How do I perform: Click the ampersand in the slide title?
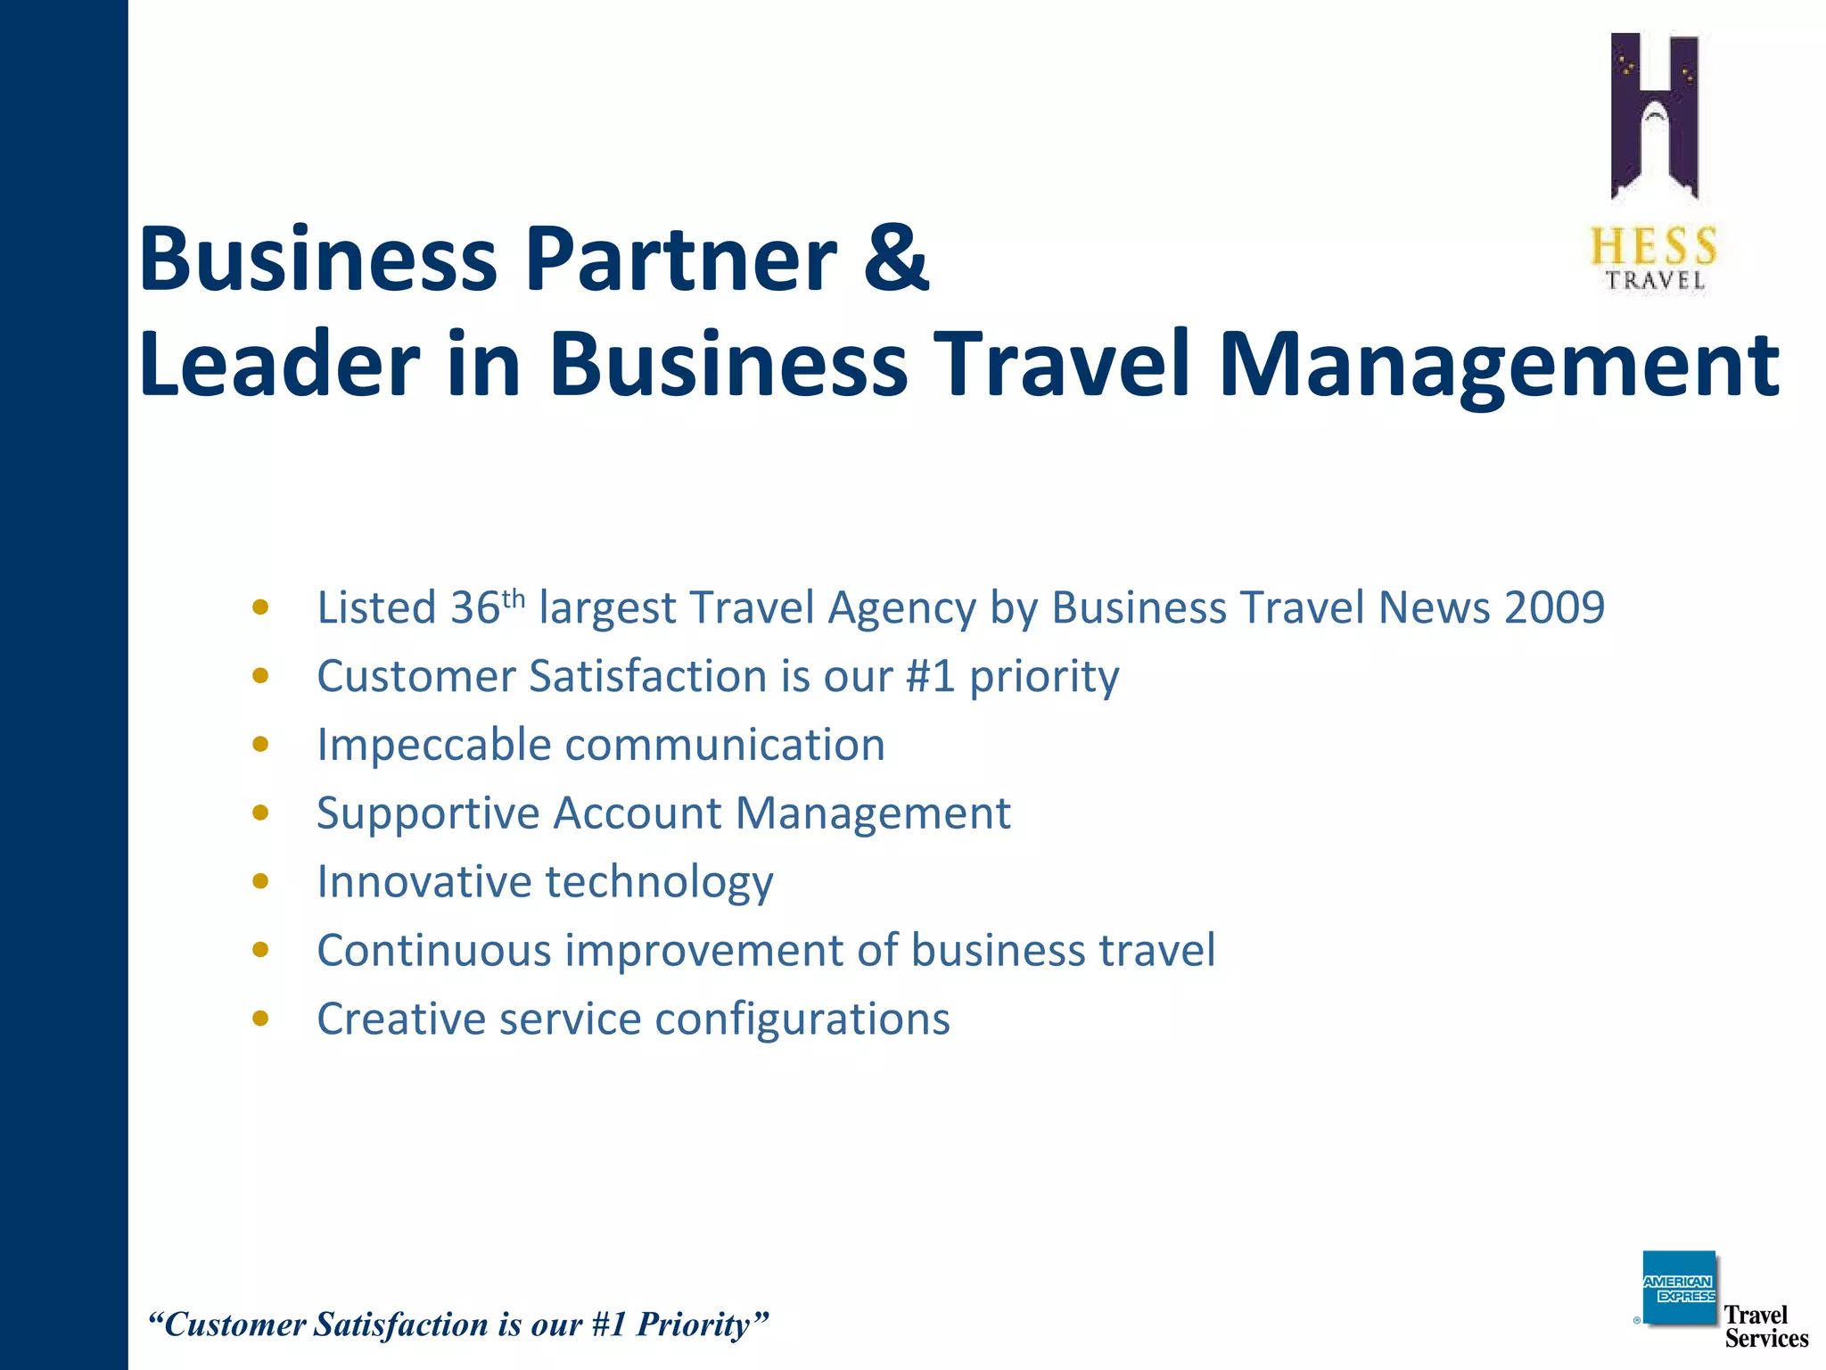(x=894, y=259)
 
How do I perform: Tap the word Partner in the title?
(x=681, y=259)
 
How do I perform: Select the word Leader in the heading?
(x=279, y=364)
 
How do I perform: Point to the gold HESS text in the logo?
(x=1654, y=246)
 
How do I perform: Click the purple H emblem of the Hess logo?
(x=1655, y=116)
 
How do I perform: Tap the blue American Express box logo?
(x=1679, y=1288)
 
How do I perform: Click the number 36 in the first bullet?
(x=475, y=608)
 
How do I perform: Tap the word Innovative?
(x=424, y=882)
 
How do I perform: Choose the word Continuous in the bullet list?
(x=434, y=950)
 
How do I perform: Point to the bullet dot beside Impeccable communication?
(x=260, y=745)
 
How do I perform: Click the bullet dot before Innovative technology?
(x=260, y=881)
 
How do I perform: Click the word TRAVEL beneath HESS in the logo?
(x=1656, y=280)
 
